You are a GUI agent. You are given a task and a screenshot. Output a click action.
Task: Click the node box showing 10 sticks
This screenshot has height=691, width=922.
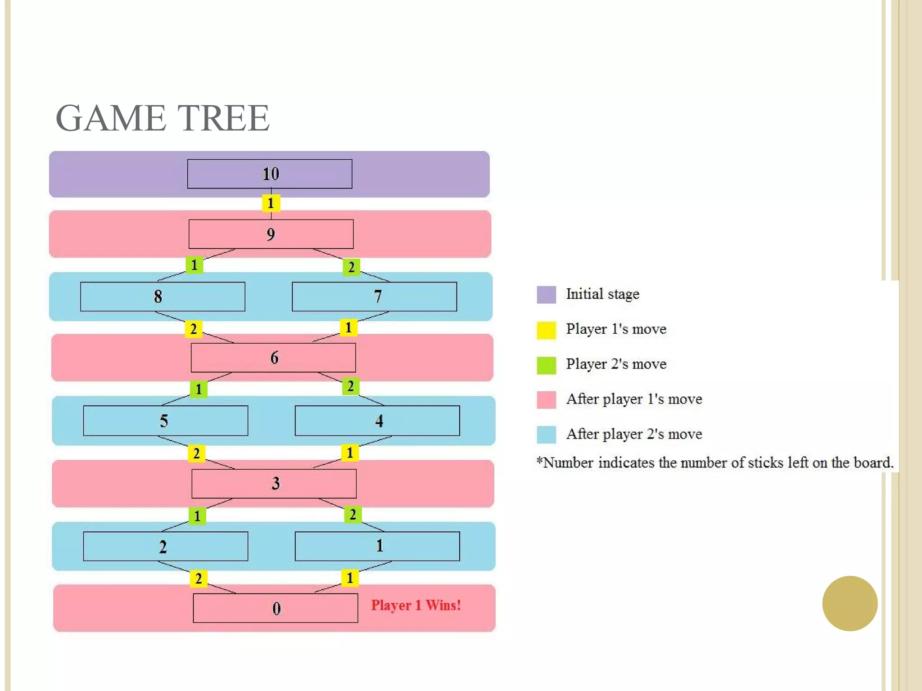[270, 174]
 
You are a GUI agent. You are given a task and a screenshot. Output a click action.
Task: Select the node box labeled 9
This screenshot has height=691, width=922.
[271, 234]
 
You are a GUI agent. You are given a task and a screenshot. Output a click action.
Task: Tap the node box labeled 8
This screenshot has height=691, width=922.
[163, 296]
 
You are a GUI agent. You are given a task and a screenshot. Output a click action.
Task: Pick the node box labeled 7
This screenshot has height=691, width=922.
[374, 296]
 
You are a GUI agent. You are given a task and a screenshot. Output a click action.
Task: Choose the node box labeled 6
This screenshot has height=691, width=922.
[273, 358]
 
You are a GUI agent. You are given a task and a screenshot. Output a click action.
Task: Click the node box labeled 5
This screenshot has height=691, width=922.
[165, 421]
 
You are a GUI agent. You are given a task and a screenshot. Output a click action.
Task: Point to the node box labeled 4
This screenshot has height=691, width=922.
[377, 421]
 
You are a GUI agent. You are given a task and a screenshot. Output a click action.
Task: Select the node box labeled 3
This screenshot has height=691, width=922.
[274, 484]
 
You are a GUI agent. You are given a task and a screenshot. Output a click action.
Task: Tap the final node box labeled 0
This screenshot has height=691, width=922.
[276, 608]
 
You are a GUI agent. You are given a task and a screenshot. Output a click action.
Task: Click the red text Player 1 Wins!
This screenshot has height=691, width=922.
[416, 606]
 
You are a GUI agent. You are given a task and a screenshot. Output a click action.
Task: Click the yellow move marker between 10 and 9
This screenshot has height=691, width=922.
[271, 203]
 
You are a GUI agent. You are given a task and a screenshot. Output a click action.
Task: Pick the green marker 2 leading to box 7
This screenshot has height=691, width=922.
[351, 267]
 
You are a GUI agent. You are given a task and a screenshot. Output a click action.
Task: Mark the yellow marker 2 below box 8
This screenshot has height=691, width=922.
[194, 329]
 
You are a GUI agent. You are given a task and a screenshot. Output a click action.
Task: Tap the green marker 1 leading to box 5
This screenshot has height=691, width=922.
[199, 389]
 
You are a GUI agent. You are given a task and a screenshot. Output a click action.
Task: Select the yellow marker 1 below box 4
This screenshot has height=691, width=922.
[350, 453]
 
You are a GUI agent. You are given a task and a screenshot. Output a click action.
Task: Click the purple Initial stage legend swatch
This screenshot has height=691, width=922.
[546, 295]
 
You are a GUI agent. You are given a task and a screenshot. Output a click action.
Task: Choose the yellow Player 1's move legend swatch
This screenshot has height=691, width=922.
[546, 330]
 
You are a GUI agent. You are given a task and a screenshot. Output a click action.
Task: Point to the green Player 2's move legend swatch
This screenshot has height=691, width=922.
[546, 365]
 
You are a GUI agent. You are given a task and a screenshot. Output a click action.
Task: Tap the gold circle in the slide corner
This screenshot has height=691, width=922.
[850, 603]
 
